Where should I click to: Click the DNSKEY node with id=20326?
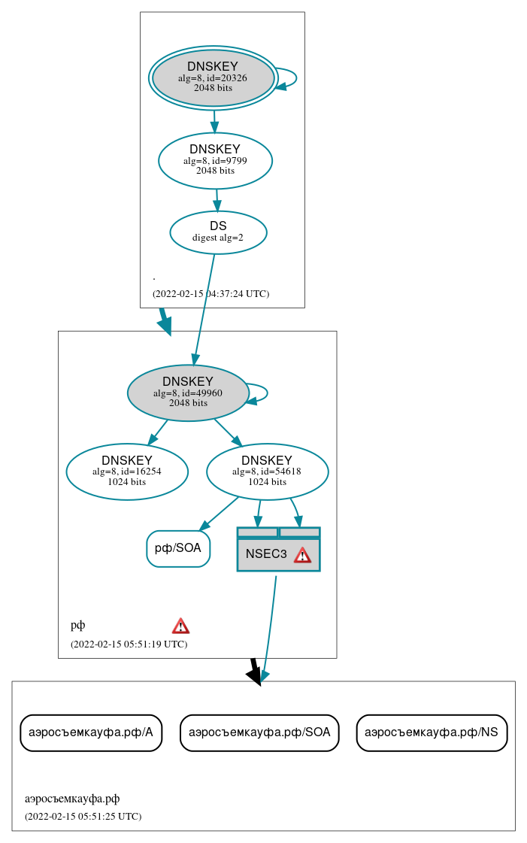click(x=213, y=77)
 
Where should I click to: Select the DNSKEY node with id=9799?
click(x=215, y=160)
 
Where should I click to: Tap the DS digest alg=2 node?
click(x=218, y=232)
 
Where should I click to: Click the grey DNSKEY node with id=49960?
click(x=188, y=393)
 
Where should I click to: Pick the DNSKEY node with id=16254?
click(x=127, y=472)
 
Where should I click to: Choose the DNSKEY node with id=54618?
click(x=267, y=472)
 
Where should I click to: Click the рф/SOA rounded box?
click(x=178, y=548)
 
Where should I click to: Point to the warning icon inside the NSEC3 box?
click(x=302, y=555)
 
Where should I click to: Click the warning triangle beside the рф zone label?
click(x=180, y=626)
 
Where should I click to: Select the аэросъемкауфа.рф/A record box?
click(x=91, y=732)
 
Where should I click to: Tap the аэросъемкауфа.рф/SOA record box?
click(x=259, y=732)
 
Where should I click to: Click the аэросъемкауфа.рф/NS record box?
click(x=432, y=732)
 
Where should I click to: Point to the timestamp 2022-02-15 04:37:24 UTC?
click(x=210, y=294)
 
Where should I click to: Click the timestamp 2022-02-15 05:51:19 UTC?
click(x=129, y=644)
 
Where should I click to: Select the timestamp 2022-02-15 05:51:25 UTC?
click(x=83, y=816)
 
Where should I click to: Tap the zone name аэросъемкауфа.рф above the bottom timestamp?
click(x=72, y=799)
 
